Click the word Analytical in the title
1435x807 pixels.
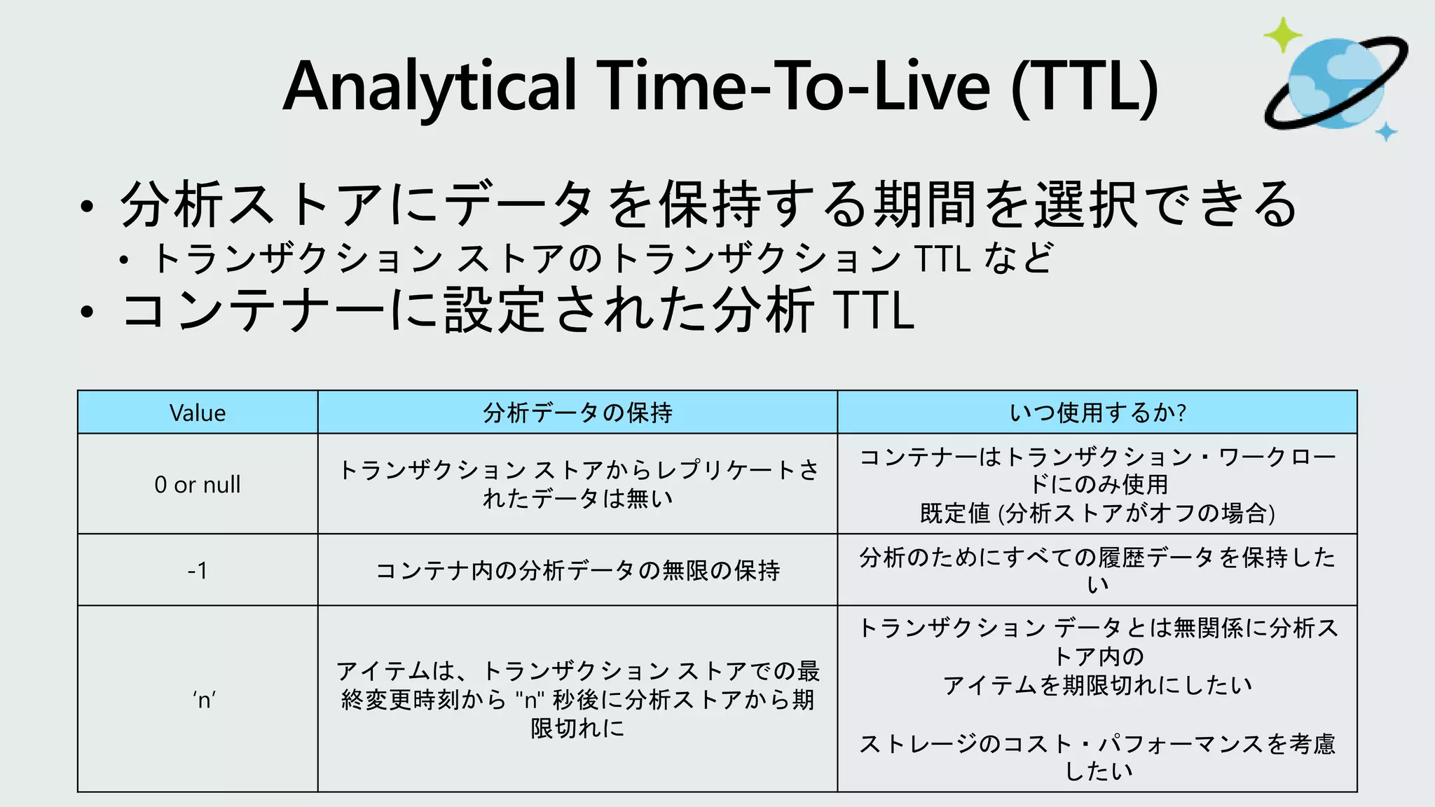(x=429, y=87)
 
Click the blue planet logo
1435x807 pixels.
(x=1336, y=83)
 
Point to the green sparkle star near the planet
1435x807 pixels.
(x=1282, y=35)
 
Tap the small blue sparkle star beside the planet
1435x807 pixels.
(x=1385, y=131)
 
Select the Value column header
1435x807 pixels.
(x=198, y=413)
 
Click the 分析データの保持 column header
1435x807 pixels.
(x=577, y=413)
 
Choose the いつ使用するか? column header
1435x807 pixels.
(x=1097, y=413)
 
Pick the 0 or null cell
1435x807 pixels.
(x=198, y=484)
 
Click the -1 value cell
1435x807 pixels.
(x=198, y=570)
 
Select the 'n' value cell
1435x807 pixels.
(x=204, y=699)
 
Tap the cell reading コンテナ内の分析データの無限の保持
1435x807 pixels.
(x=577, y=570)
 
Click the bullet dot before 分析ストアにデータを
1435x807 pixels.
(x=86, y=207)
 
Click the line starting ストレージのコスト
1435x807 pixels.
(x=1097, y=744)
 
